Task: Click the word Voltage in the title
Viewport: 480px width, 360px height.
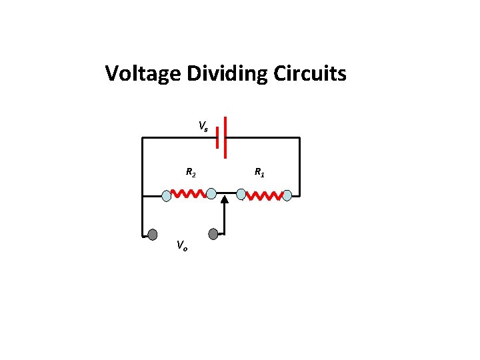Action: click(x=143, y=73)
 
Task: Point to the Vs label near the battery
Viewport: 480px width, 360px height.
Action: click(x=203, y=126)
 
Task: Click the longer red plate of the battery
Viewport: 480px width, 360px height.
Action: click(x=226, y=137)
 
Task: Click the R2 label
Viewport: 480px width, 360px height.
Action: click(x=190, y=173)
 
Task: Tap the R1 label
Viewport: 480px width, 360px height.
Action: click(x=259, y=173)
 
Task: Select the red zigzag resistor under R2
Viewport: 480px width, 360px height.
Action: click(x=189, y=194)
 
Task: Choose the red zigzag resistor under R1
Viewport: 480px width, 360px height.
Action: click(x=265, y=196)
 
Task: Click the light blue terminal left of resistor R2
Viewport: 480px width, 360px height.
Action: click(x=167, y=195)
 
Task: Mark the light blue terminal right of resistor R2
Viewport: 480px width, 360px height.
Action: click(x=211, y=194)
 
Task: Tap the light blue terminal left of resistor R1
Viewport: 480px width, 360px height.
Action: click(x=242, y=195)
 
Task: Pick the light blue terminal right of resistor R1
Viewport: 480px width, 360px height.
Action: click(x=287, y=195)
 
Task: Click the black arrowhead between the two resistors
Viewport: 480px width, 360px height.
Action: click(x=225, y=197)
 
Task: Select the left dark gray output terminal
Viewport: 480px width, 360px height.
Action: click(x=153, y=235)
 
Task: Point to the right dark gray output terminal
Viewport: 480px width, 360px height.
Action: click(x=213, y=234)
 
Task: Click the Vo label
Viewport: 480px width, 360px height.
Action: click(x=182, y=246)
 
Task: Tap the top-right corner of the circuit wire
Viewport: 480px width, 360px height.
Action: click(x=299, y=138)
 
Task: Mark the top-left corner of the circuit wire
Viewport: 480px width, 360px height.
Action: click(x=142, y=138)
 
